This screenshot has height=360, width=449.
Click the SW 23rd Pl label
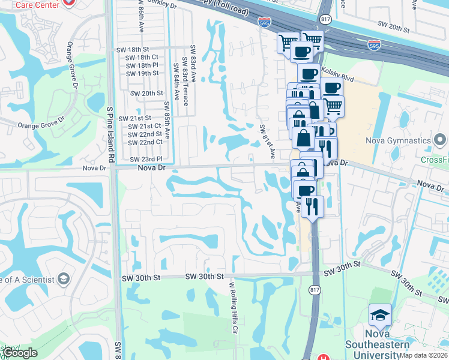point(146,159)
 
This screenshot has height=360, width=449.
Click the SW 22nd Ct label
point(146,142)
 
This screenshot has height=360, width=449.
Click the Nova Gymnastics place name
point(399,141)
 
